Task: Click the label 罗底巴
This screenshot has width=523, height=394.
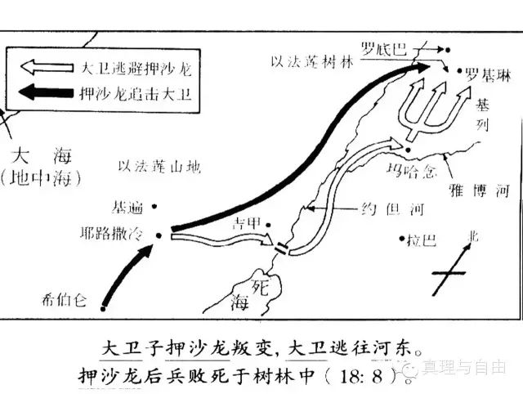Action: point(387,48)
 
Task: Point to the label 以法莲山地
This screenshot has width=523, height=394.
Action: point(159,166)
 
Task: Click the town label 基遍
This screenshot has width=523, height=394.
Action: point(130,207)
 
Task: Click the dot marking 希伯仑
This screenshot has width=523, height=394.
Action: point(103,308)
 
